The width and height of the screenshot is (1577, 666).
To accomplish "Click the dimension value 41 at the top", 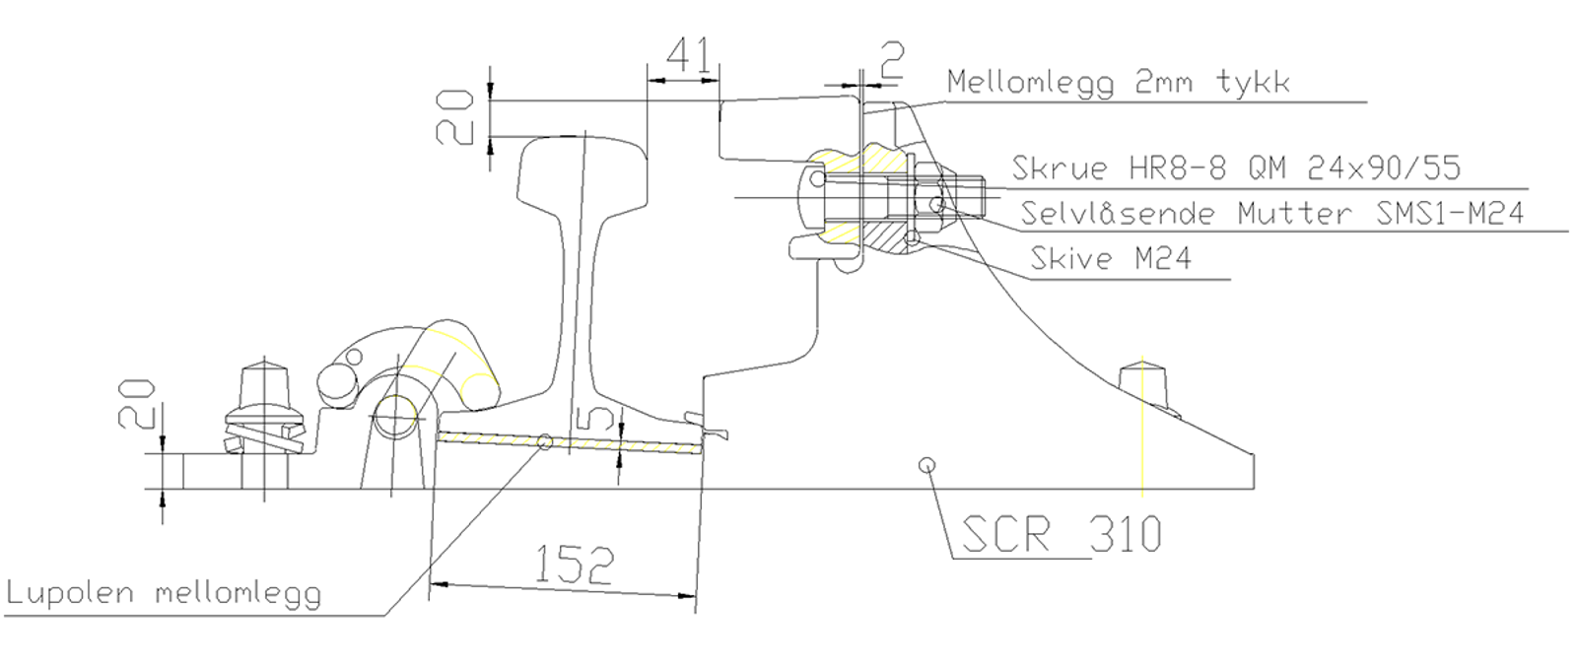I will click(688, 57).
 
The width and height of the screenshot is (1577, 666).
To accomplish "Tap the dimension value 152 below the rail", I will click(574, 564).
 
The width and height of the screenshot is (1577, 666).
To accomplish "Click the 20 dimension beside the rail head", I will click(456, 116).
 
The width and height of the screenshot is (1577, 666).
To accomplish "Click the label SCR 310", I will click(1061, 533).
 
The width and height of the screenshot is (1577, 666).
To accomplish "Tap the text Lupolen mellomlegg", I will click(164, 593).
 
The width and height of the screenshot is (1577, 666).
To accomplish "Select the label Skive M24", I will click(1111, 258).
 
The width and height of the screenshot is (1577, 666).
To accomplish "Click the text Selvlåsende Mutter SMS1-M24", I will click(1271, 212).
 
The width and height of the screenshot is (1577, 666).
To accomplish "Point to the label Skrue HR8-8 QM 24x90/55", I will click(1236, 167).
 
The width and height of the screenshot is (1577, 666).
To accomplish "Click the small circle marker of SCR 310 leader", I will click(926, 465).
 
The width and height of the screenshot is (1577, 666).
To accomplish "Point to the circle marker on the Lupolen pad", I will click(545, 441).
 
